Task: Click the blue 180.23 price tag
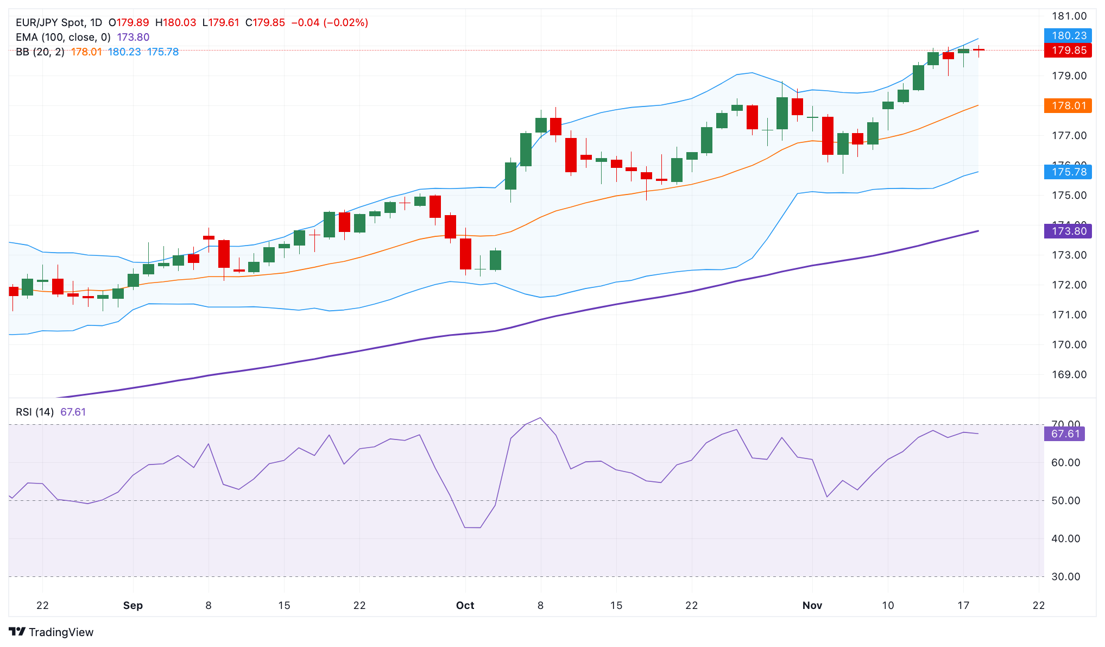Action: pos(1068,36)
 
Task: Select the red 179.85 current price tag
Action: pos(1068,51)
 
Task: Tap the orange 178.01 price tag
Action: pos(1068,105)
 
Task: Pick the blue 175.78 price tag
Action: pos(1068,172)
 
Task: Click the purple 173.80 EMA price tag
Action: pos(1068,231)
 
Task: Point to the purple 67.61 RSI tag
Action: pos(1064,434)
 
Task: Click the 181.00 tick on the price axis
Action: pos(1069,16)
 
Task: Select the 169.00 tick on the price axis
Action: pos(1069,375)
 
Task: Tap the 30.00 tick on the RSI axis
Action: pos(1065,577)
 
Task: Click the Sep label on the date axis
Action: pos(132,606)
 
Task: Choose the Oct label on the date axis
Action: pos(465,606)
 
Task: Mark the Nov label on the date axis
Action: pos(812,606)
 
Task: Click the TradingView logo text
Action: pos(52,632)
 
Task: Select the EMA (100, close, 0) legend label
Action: pos(63,37)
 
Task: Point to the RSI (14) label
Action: pos(35,412)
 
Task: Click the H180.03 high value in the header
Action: pos(175,23)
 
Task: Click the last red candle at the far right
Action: pos(978,50)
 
